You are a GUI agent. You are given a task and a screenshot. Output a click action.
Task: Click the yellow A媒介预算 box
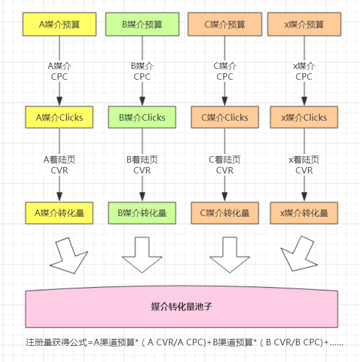[x=59, y=24]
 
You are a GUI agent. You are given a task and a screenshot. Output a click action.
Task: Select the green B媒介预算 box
[x=142, y=24]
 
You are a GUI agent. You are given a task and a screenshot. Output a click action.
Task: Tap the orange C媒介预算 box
[x=225, y=24]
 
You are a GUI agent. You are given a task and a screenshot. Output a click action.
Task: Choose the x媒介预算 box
[x=304, y=24]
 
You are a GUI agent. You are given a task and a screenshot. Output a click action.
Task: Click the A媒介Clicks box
[x=59, y=117]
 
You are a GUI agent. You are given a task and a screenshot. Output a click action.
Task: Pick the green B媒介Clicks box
[x=142, y=117]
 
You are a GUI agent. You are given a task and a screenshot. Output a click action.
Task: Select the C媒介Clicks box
[x=225, y=117]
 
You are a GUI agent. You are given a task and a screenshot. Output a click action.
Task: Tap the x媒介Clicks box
[x=304, y=117]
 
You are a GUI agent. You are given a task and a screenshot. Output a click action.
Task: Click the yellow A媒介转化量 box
[x=59, y=213]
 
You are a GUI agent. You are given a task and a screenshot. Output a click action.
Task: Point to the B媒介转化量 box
[x=142, y=213]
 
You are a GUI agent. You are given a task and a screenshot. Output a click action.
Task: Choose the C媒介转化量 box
[x=225, y=213]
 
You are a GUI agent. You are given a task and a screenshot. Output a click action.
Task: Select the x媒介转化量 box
[x=304, y=213]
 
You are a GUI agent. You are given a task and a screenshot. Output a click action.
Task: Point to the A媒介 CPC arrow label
[x=59, y=71]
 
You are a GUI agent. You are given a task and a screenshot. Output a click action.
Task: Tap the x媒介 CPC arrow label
[x=304, y=71]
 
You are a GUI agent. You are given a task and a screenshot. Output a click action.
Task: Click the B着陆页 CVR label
[x=142, y=165]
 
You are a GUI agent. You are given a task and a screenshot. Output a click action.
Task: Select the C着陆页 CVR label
[x=225, y=165]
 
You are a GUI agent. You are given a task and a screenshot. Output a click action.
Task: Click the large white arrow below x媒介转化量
[x=297, y=254]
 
